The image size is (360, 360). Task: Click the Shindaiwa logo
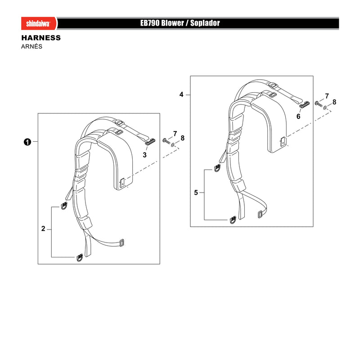[38, 23]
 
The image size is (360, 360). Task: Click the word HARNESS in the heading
[41, 38]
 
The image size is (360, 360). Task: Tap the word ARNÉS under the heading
[31, 46]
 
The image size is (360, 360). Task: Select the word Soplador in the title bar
[205, 23]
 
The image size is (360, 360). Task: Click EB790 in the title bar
[150, 23]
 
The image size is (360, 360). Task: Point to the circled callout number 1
[27, 142]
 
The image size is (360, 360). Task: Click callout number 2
[43, 229]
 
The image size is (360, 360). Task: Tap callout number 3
[144, 155]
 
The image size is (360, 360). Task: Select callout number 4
[181, 94]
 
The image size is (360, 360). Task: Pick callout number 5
[196, 193]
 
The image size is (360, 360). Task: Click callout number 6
[298, 117]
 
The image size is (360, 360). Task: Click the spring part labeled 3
[150, 142]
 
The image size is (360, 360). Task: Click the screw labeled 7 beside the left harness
[166, 140]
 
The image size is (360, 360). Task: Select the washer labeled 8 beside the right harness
[325, 108]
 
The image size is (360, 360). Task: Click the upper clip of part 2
[64, 206]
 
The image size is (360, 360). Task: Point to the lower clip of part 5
[233, 220]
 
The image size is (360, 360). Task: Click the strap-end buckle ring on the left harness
[121, 243]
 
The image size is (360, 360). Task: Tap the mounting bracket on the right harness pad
[283, 141]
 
